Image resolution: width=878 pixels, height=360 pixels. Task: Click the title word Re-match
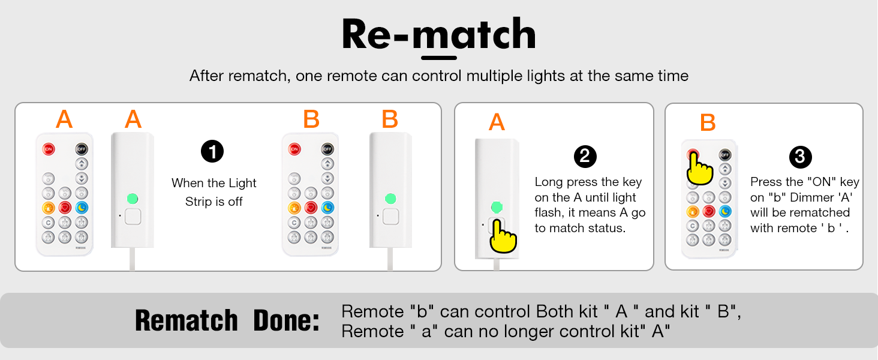click(x=438, y=35)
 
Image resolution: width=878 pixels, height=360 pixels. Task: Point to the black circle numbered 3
click(x=800, y=157)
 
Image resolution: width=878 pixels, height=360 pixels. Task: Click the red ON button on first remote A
click(x=48, y=149)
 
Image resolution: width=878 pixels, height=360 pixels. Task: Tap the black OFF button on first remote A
click(x=81, y=149)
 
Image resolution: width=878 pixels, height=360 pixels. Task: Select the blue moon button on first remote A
click(x=81, y=208)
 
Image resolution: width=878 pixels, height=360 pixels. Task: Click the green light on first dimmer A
click(x=133, y=198)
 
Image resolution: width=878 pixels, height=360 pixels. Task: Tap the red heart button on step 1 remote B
click(x=311, y=208)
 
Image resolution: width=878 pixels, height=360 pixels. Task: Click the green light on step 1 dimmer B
click(x=390, y=198)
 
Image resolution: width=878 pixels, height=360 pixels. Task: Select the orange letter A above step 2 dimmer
click(x=497, y=122)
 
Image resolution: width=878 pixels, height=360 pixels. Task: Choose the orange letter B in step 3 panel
click(x=708, y=122)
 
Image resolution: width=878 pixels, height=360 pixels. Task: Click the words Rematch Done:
click(x=227, y=320)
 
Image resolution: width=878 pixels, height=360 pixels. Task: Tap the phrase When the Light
click(x=214, y=183)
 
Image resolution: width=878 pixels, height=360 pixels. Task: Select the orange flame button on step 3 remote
click(x=693, y=211)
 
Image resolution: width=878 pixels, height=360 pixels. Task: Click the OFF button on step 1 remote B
click(x=327, y=149)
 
